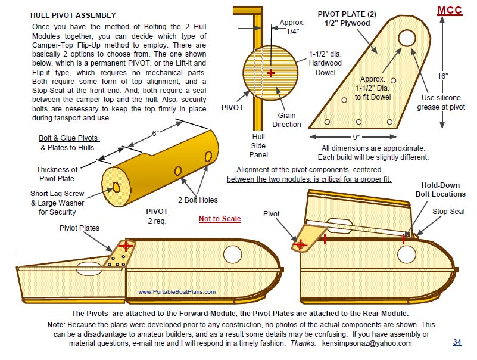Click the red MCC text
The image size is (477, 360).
[450, 11]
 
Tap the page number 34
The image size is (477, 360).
[457, 342]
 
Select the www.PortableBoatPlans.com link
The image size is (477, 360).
[177, 292]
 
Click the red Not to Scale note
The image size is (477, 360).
[220, 219]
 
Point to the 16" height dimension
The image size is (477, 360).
[442, 76]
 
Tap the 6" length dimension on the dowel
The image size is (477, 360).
[155, 134]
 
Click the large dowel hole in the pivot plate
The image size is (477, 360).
[407, 39]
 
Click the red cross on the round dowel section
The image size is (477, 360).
[271, 73]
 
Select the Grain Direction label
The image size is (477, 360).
[286, 120]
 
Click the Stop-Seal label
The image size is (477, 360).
[448, 212]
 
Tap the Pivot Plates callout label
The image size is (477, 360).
[80, 228]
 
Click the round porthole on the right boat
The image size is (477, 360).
[407, 254]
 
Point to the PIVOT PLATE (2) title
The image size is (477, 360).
[344, 18]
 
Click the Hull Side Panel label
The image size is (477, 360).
[258, 145]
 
